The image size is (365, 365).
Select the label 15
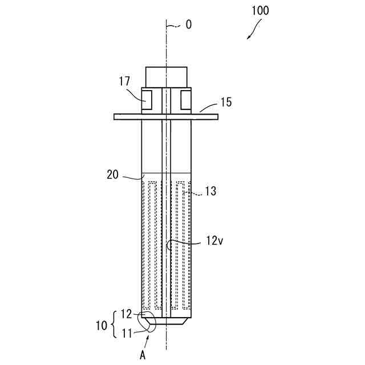[226, 103]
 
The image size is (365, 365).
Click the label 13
[210, 192]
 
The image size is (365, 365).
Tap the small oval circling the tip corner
[147, 321]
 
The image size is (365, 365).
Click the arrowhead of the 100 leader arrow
[249, 38]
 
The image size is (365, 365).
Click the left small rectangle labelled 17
[147, 100]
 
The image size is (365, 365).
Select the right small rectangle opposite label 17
[186, 100]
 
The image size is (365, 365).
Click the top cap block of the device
[166, 76]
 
